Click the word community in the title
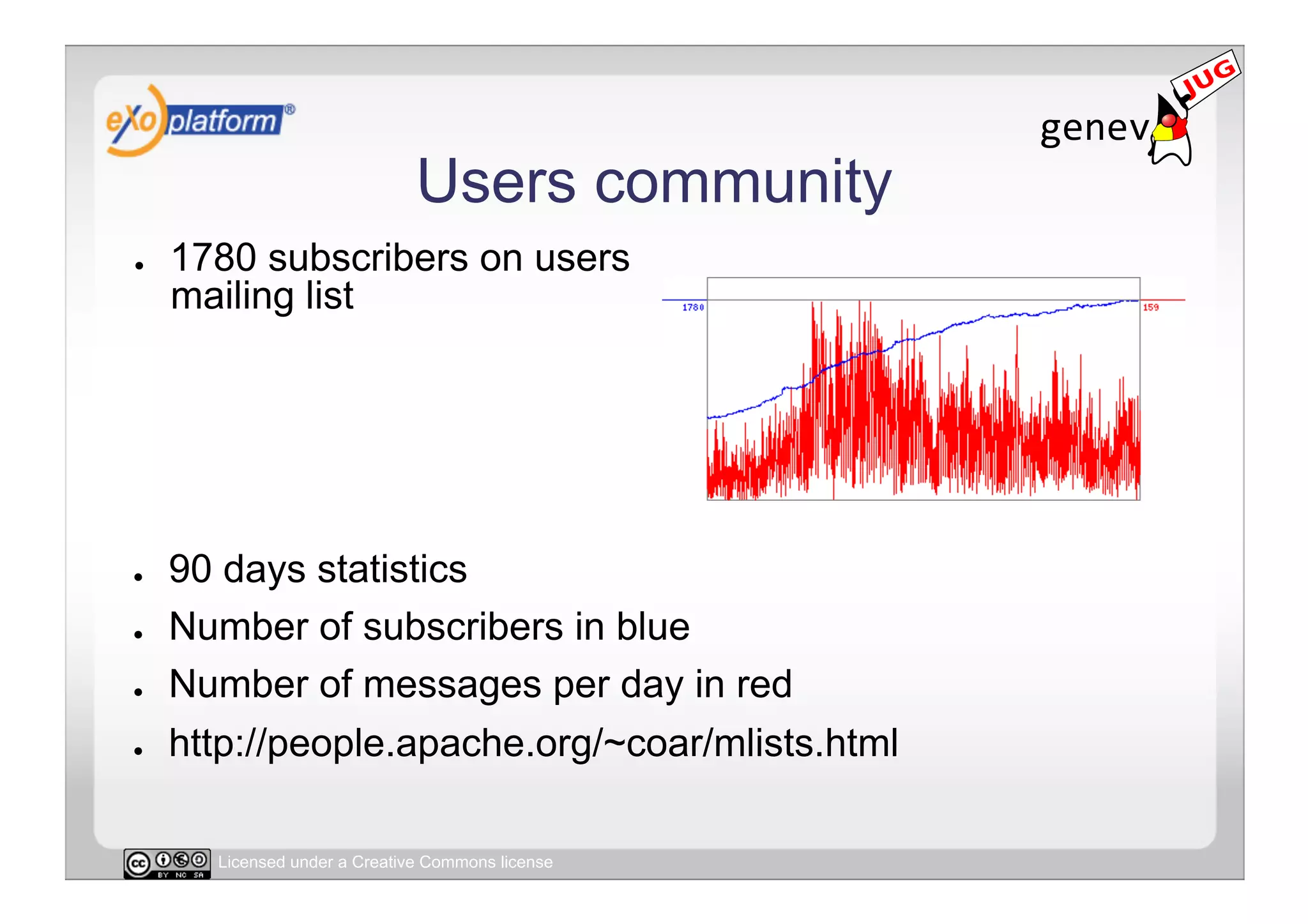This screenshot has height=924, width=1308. coord(743,183)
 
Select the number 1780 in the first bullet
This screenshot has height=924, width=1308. coord(213,258)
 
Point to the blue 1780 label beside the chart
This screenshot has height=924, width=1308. coord(693,308)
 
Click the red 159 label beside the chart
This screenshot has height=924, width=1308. coord(1150,308)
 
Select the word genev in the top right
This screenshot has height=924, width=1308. coord(1094,128)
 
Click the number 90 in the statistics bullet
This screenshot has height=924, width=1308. coord(190,569)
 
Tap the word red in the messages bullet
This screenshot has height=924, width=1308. coord(764,685)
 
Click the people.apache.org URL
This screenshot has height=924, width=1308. coord(533,743)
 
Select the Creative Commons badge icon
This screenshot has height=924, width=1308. coord(167,863)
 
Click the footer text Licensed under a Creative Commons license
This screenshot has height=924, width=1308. coord(385,862)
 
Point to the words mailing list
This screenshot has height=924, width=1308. coord(262,296)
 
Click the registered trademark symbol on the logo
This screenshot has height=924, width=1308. coord(289,110)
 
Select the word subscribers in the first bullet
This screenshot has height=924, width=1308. coord(368,258)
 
